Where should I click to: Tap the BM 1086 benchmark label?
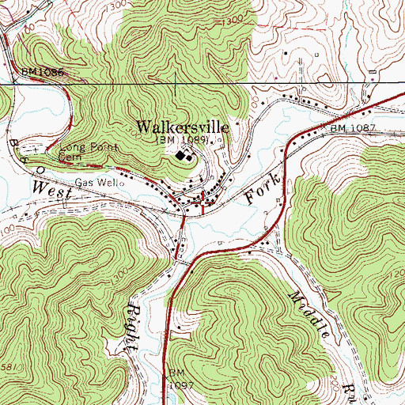42,72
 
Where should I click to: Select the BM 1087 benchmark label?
350,128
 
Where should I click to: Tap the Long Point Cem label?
88,152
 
